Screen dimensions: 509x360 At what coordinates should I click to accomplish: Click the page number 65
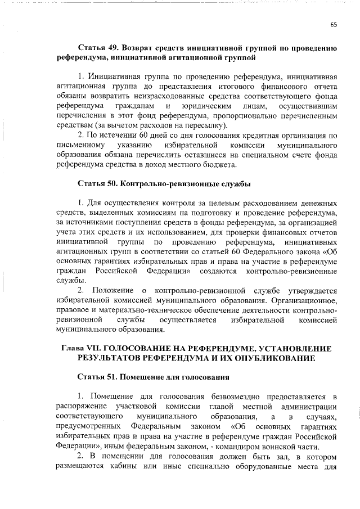333,24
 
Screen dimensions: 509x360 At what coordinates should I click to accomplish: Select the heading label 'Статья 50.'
97,183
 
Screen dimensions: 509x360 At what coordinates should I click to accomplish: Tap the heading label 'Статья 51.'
97,375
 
